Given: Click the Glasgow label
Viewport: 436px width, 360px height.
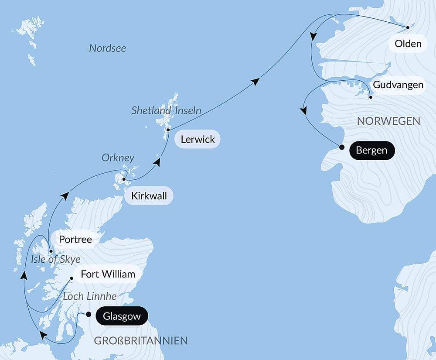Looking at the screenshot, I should (x=122, y=316).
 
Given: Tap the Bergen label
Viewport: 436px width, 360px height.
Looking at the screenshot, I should (x=371, y=151).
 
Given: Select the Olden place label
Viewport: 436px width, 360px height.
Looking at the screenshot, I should (x=408, y=44).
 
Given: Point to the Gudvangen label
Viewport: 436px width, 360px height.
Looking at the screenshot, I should (x=398, y=85).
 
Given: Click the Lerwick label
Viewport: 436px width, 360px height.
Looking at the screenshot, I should (x=197, y=140).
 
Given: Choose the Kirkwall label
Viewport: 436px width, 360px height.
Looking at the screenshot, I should (x=148, y=196).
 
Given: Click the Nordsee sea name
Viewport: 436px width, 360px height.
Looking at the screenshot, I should (x=107, y=48).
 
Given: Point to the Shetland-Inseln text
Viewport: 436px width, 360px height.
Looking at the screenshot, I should (x=166, y=110).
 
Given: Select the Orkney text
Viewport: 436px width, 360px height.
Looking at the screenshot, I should (x=118, y=158).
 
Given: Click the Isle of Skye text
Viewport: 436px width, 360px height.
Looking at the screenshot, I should (x=56, y=260).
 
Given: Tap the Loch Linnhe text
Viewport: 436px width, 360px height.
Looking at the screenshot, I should (x=90, y=296).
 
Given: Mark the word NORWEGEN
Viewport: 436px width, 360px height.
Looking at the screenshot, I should (x=388, y=121).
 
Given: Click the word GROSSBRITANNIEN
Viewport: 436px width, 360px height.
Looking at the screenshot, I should (x=141, y=340).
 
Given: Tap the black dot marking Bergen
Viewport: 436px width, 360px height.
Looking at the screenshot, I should (x=342, y=147).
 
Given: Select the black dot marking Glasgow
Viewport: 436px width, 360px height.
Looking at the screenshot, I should (x=89, y=314).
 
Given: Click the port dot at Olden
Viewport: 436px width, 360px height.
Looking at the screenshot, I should (x=408, y=27).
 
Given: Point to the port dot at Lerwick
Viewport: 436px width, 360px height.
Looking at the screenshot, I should (x=168, y=130).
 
